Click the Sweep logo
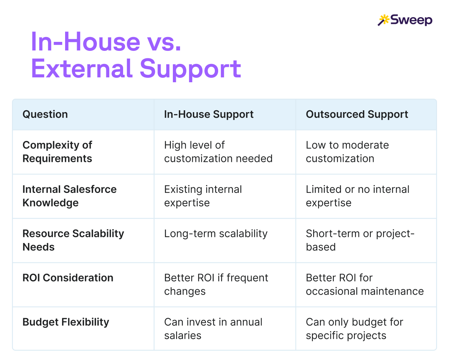tap(405, 20)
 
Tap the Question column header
tap(45, 114)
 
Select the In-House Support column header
tap(209, 114)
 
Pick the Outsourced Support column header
tap(357, 114)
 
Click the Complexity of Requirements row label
tap(57, 152)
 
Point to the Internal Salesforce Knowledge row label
tap(70, 196)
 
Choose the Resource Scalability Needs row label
tap(73, 240)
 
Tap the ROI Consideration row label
tap(68, 278)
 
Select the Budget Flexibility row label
tap(66, 322)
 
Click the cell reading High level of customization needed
tap(218, 152)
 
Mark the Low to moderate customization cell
tap(347, 152)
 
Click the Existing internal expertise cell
tap(203, 196)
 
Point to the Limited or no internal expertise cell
tap(358, 196)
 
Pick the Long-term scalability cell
tap(216, 234)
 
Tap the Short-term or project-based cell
tap(360, 240)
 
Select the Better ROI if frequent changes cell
tap(216, 284)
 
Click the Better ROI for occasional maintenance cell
tap(365, 284)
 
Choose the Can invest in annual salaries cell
tap(213, 329)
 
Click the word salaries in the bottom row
tap(183, 336)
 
